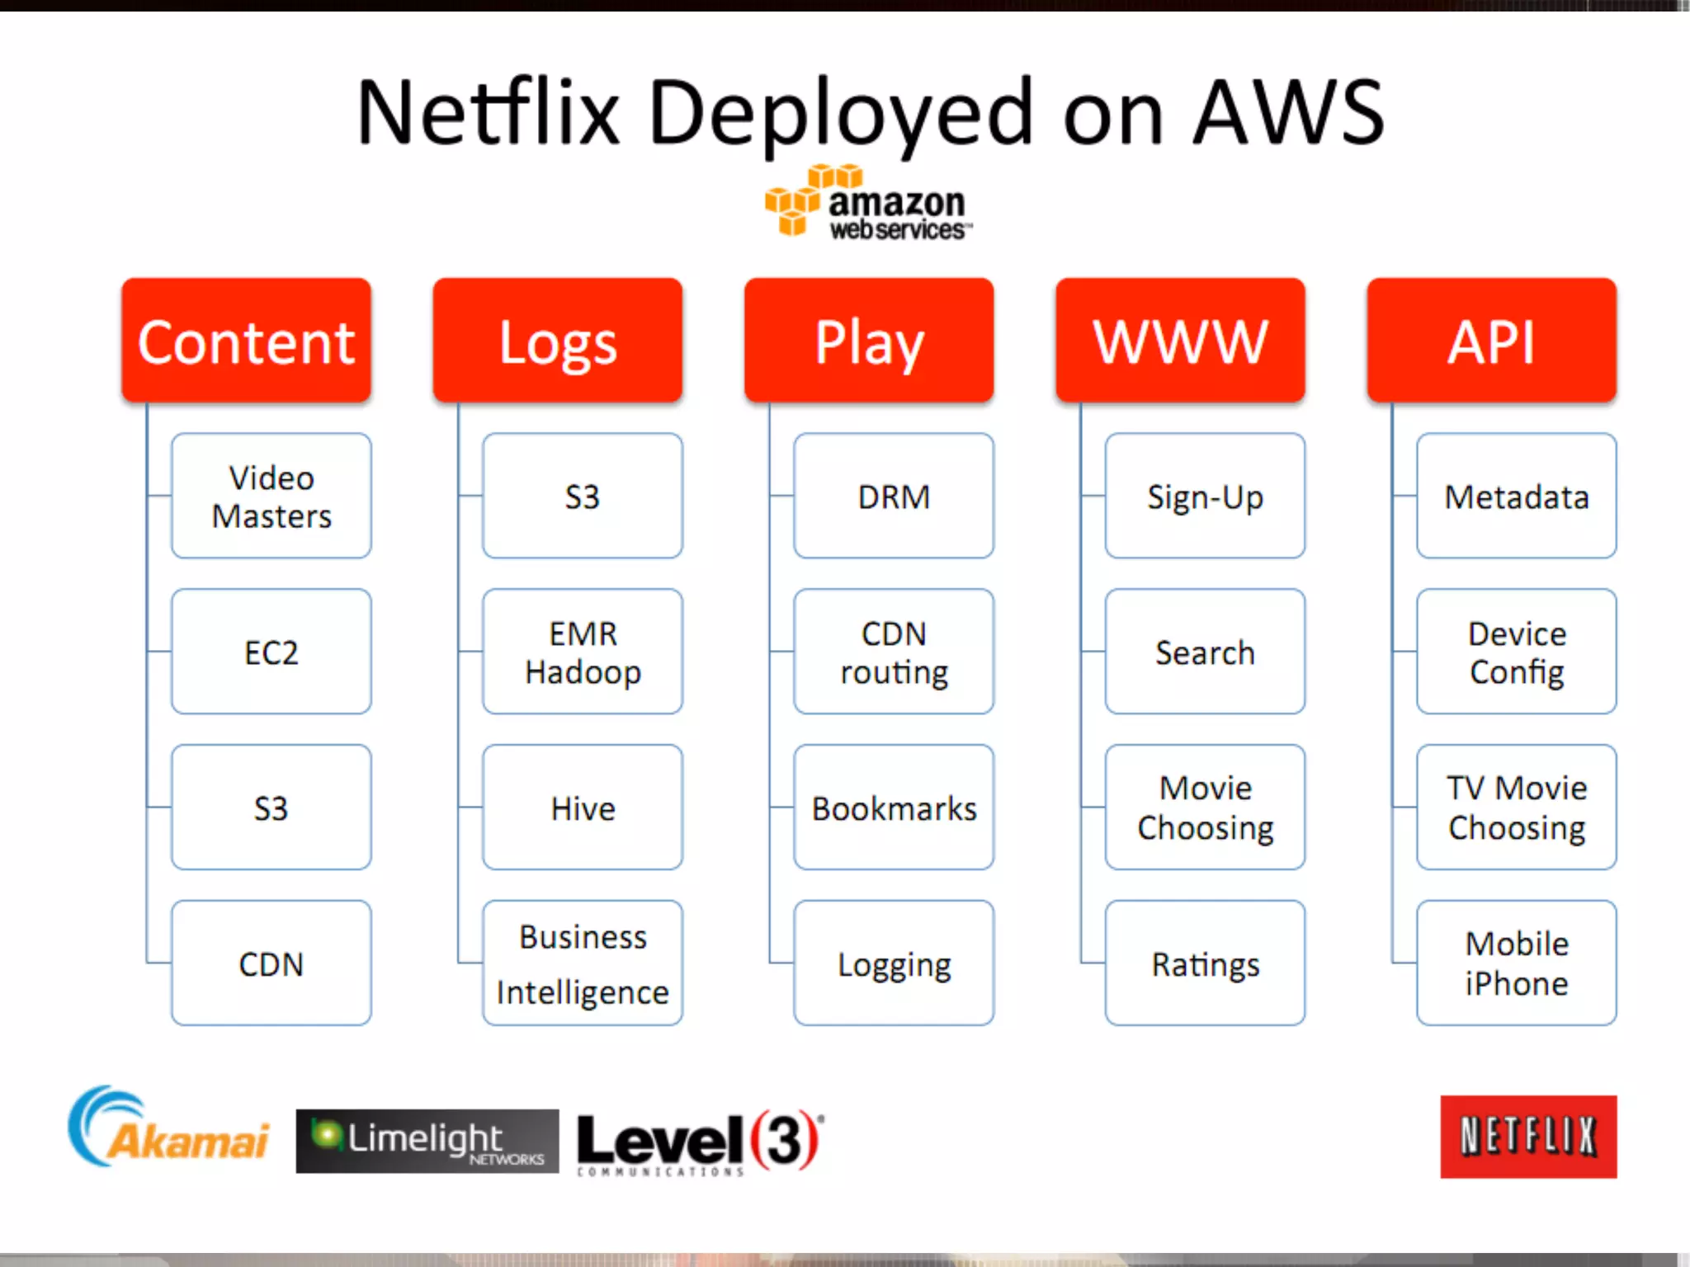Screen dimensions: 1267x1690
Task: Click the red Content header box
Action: (246, 341)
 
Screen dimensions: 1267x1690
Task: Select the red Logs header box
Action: (557, 341)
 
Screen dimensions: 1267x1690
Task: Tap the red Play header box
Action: (869, 341)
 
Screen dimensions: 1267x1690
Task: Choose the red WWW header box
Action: (1180, 341)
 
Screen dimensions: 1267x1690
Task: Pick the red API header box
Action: (1491, 341)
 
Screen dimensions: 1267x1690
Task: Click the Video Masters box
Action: (271, 496)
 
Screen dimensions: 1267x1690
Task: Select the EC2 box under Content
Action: (271, 652)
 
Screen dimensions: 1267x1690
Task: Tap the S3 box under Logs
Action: (583, 496)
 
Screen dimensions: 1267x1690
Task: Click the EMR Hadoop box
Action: (583, 652)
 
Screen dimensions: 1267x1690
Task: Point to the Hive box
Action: (583, 808)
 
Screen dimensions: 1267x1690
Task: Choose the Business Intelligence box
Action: (583, 963)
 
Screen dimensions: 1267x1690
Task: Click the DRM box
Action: (894, 496)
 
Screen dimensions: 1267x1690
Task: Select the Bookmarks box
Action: (894, 808)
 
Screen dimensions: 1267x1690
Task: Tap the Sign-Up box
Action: (1205, 496)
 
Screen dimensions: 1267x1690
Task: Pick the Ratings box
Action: (1205, 963)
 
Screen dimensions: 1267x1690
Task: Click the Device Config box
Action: (1517, 652)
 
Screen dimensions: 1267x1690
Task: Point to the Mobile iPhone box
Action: (1517, 963)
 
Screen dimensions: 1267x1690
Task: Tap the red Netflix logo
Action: (1528, 1137)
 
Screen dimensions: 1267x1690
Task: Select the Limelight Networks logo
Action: (427, 1141)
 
